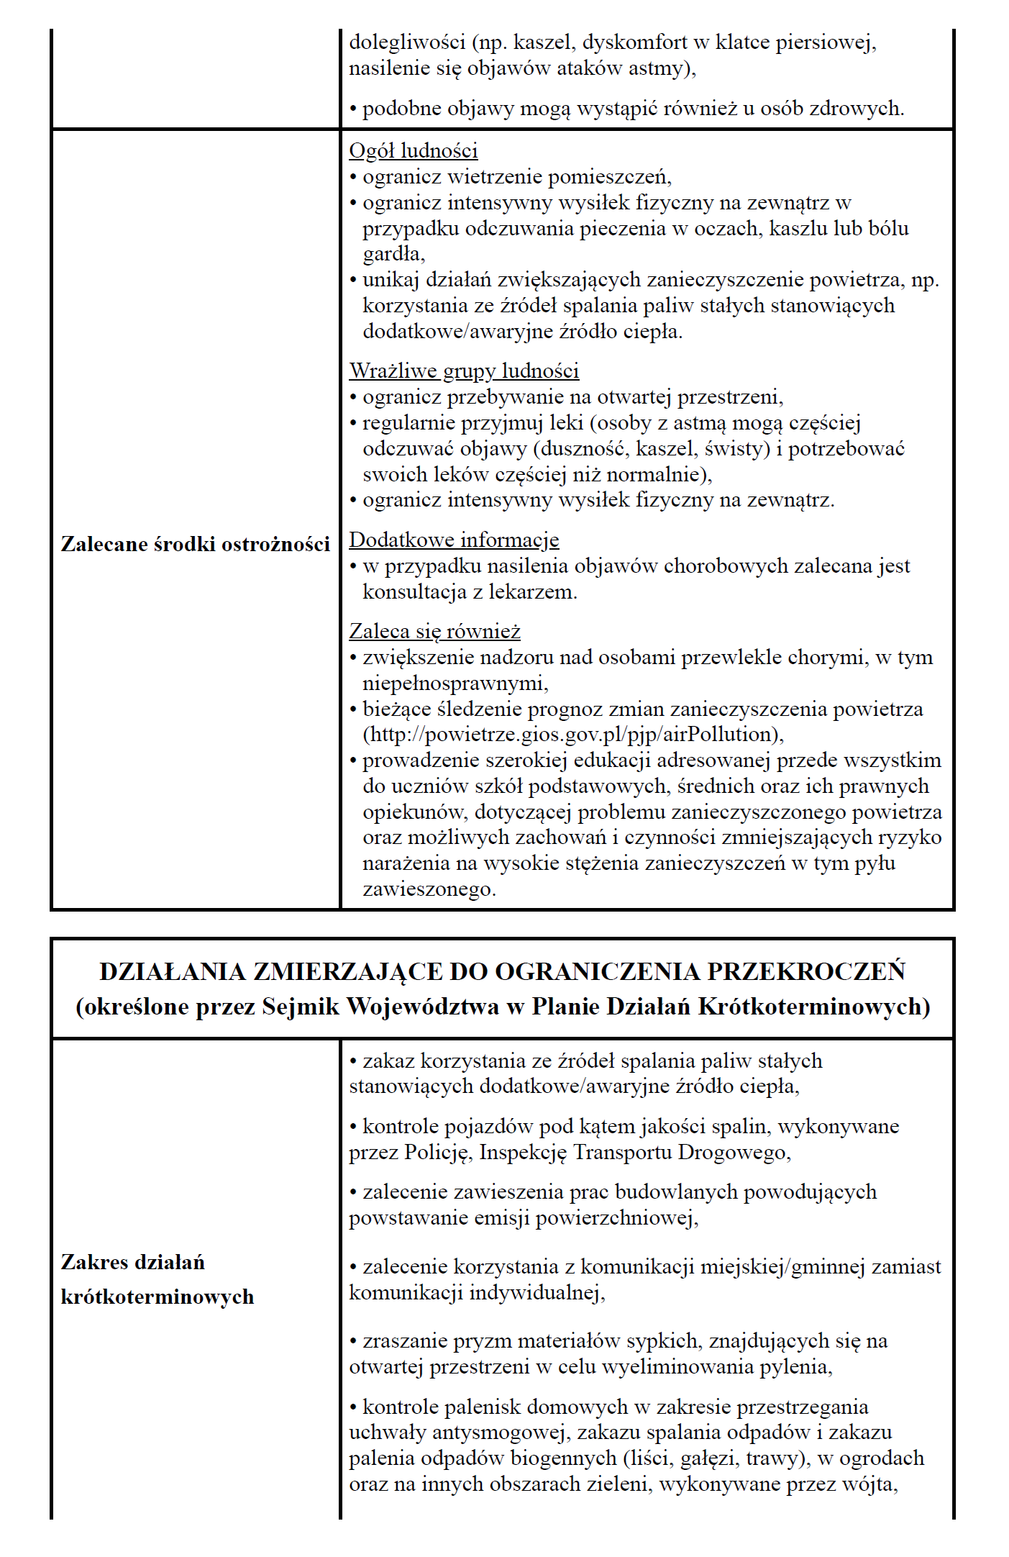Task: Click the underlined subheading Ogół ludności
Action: click(413, 151)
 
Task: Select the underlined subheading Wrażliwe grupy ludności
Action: click(464, 371)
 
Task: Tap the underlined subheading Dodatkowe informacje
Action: click(454, 540)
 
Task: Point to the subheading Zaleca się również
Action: click(434, 632)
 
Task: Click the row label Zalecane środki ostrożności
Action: click(195, 544)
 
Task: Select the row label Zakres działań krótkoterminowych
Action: click(157, 1279)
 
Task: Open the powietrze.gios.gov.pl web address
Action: click(572, 735)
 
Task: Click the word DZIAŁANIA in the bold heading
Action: click(173, 971)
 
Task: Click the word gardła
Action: click(393, 255)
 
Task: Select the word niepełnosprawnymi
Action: click(455, 683)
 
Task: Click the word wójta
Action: click(873, 1484)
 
